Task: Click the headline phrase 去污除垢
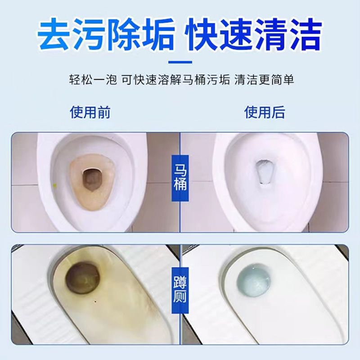104,35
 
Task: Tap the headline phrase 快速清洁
256,35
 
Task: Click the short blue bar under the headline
180,62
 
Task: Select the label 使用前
90,112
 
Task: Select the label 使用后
265,112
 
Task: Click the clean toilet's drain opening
264,173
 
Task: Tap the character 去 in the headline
53,35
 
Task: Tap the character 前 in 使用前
103,112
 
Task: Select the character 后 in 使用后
278,112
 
